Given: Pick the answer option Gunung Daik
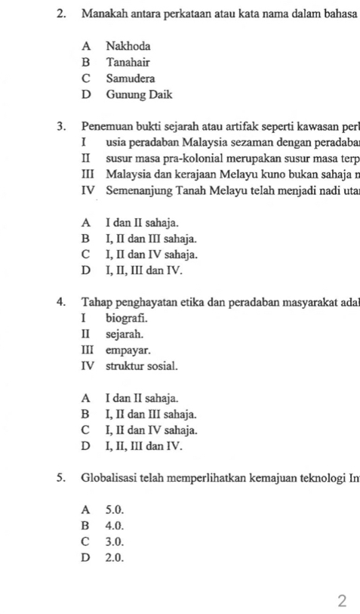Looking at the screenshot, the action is coord(139,95).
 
